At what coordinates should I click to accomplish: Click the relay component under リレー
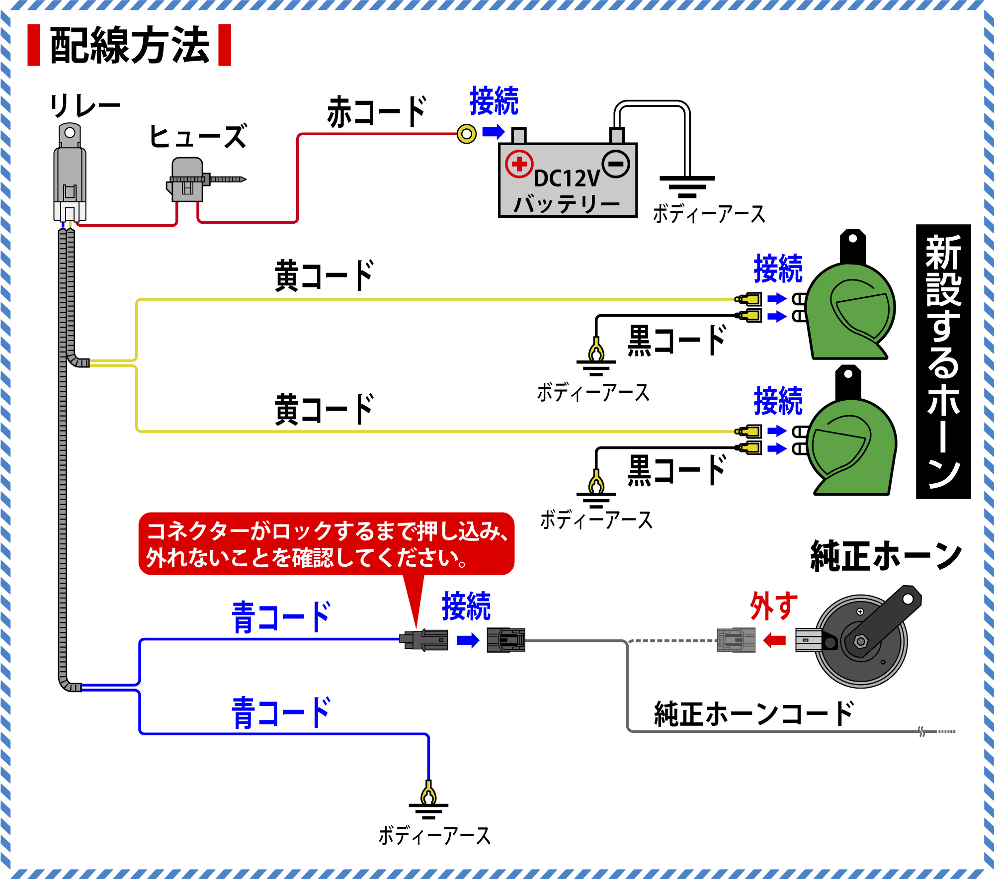point(70,174)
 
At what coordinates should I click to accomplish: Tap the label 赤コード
point(377,112)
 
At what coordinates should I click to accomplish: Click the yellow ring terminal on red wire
point(466,133)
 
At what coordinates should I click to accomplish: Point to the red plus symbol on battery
point(519,164)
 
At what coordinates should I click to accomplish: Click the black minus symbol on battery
point(616,164)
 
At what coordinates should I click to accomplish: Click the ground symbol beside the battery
point(687,186)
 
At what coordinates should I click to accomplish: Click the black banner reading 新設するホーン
point(943,361)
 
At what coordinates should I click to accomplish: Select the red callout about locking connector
point(326,544)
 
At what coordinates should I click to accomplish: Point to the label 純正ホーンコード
point(753,714)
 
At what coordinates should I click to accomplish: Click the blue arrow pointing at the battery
point(494,132)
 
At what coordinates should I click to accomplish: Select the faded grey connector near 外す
point(736,640)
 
